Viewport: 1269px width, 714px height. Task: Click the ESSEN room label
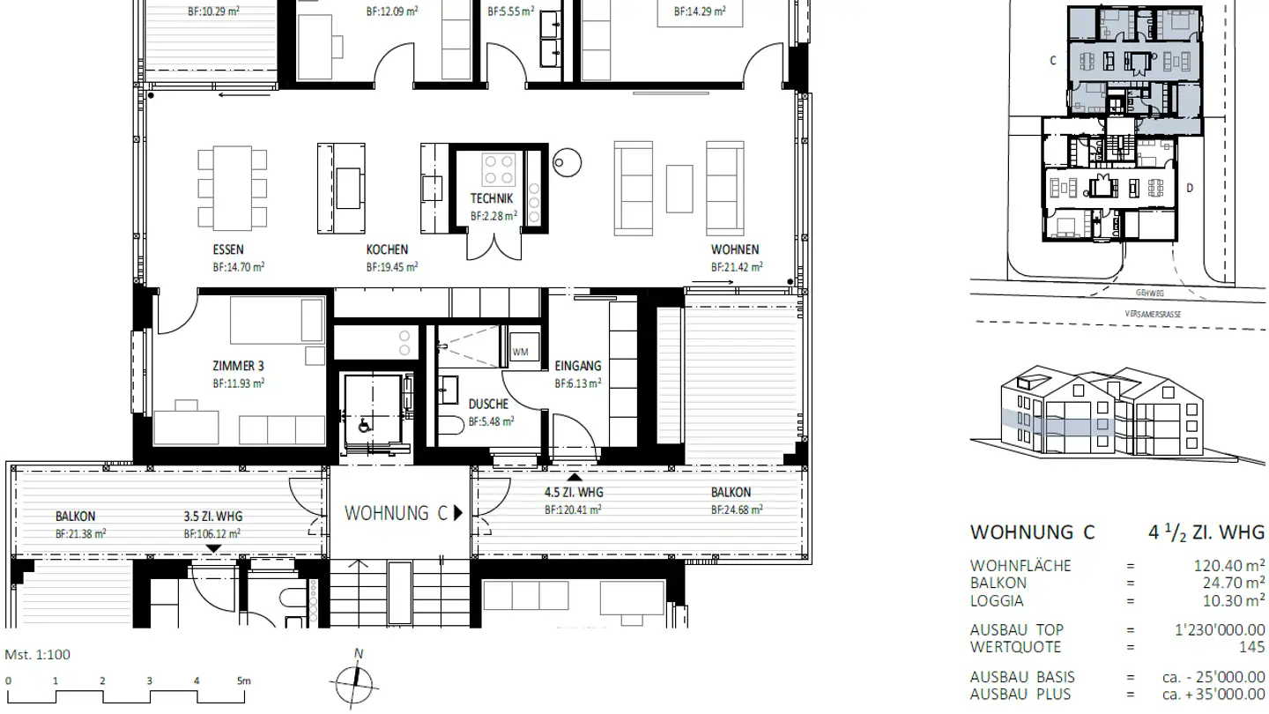point(228,249)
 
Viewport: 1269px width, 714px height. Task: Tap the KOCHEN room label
point(388,249)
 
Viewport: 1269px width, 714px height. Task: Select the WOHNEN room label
point(735,249)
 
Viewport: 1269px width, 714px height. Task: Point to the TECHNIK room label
point(492,198)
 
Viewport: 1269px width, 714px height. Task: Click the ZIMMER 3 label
point(238,366)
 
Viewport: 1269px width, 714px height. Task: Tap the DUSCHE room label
point(488,404)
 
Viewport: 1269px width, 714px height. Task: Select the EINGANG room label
point(578,366)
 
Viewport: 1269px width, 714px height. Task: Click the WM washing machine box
point(521,353)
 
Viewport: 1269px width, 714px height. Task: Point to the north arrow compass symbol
point(355,683)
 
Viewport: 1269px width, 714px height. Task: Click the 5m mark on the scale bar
point(243,681)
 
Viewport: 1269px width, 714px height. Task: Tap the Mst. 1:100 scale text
point(38,654)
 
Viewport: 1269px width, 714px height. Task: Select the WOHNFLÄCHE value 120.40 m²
point(1229,565)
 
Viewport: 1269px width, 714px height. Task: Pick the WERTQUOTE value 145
point(1251,646)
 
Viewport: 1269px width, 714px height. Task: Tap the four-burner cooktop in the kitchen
point(499,167)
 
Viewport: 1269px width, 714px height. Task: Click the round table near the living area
point(568,161)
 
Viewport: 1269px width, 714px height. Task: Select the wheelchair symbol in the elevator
point(363,423)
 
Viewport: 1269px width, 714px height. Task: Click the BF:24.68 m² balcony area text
point(736,509)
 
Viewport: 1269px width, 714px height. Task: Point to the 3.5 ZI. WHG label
point(213,517)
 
